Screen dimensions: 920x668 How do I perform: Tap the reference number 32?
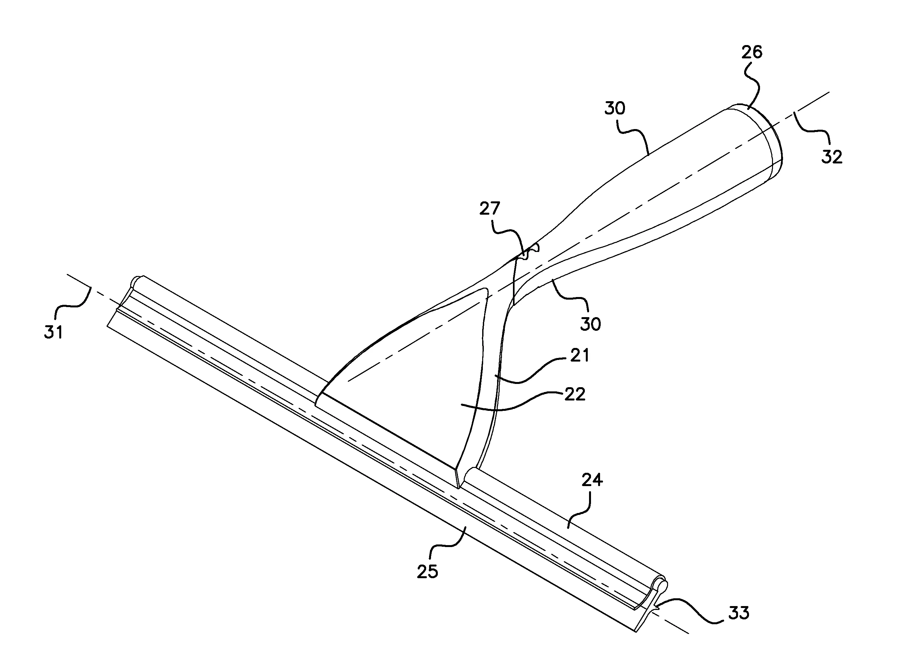[x=832, y=157]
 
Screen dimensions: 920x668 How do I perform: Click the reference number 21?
[x=579, y=355]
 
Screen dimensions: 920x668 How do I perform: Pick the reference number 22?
[x=575, y=394]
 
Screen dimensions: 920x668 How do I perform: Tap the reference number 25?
[x=427, y=571]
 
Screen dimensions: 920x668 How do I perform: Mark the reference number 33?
[x=739, y=613]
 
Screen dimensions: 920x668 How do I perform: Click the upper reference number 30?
[x=615, y=108]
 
